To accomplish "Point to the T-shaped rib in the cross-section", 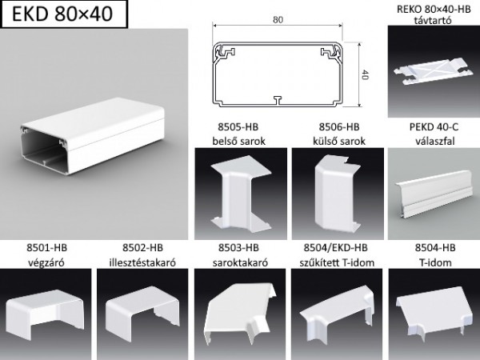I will click(x=276, y=100).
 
